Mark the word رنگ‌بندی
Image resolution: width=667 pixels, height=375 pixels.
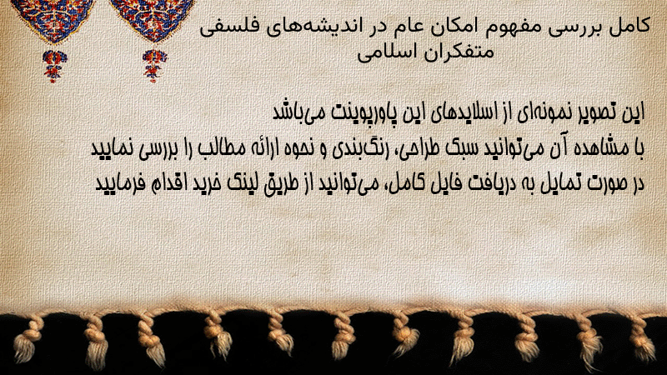(x=355, y=148)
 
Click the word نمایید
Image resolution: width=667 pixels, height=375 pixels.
(x=113, y=148)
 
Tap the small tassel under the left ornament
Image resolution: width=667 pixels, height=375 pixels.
(x=54, y=66)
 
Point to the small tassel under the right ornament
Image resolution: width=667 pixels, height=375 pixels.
(x=154, y=66)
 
